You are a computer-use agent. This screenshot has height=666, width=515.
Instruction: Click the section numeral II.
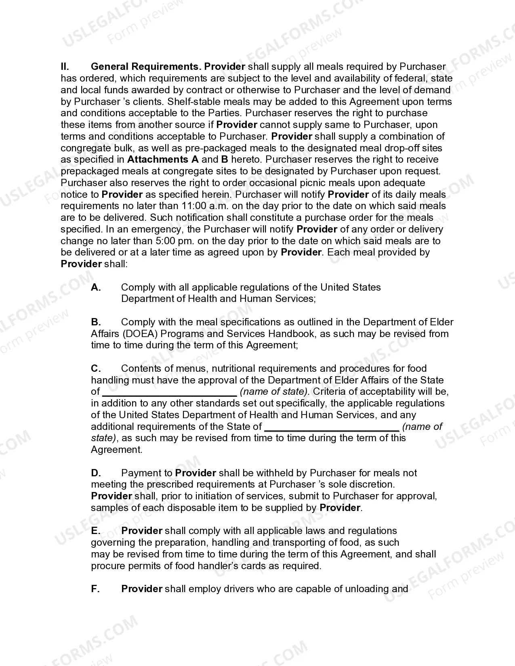65,67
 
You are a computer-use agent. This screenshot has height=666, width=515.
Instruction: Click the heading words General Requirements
146,67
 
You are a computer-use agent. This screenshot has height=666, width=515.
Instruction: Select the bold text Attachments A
163,159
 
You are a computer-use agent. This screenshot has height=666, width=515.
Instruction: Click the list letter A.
96,287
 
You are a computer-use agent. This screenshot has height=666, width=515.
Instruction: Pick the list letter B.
96,322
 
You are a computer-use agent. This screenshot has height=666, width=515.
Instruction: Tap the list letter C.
96,369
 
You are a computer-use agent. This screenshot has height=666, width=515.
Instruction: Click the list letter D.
96,473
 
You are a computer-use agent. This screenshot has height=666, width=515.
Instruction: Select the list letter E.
96,531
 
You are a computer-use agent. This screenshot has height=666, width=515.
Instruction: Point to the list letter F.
95,589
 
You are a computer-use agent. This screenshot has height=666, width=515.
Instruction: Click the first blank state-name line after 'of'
170,392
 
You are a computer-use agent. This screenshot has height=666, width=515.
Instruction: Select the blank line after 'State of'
332,427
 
